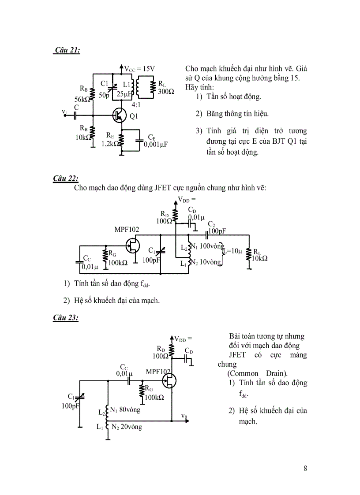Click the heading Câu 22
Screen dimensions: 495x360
click(x=66, y=178)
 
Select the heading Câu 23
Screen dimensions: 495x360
click(x=66, y=317)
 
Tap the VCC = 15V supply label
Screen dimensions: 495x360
click(x=139, y=69)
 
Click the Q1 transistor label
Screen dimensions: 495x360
click(x=134, y=116)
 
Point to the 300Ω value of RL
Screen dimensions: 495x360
click(x=166, y=91)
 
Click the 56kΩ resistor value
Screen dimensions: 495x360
click(x=82, y=99)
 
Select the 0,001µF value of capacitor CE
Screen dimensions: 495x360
click(x=156, y=144)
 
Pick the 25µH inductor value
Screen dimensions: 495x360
click(x=125, y=94)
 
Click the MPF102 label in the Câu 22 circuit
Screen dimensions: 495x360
click(x=127, y=230)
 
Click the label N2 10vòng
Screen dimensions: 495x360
click(x=205, y=262)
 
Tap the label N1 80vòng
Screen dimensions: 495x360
click(x=125, y=410)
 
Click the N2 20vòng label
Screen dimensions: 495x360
click(x=127, y=427)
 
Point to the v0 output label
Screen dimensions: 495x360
click(x=184, y=416)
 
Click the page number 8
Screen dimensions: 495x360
click(x=305, y=468)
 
